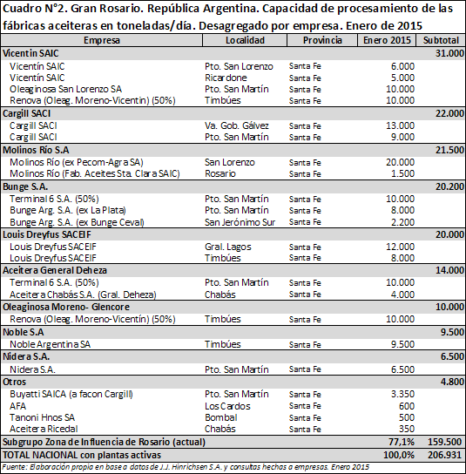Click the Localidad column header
[x=245, y=40]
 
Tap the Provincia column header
[x=322, y=40]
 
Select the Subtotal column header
[x=441, y=40]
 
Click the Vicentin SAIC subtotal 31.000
[x=449, y=53]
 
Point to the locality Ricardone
[x=226, y=78]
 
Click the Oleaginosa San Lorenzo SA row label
[x=65, y=89]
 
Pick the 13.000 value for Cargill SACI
[x=400, y=125]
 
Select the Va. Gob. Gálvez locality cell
[x=237, y=125]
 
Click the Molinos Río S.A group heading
[x=36, y=150]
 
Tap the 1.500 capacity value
[x=402, y=173]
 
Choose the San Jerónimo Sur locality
[x=240, y=222]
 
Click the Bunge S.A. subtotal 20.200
[x=449, y=186]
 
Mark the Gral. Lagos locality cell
[x=228, y=247]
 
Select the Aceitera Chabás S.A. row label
[x=83, y=295]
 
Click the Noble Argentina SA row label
[x=50, y=344]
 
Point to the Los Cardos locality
[x=227, y=406]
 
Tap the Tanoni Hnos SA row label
[x=42, y=417]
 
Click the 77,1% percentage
[x=402, y=442]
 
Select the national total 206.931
[x=445, y=455]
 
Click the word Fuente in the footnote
[x=13, y=467]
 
